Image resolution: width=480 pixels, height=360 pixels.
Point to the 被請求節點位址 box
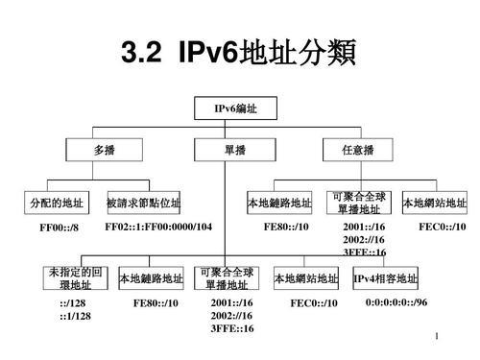(143, 203)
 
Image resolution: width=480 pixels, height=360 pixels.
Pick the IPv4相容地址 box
(386, 278)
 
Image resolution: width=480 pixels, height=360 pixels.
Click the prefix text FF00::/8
(58, 228)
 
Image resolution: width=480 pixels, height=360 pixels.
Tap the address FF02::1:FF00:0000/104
(157, 227)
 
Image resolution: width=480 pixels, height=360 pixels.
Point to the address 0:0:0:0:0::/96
(396, 302)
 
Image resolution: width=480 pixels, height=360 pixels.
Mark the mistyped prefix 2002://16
(364, 239)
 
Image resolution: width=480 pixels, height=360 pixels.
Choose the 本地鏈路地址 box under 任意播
(279, 203)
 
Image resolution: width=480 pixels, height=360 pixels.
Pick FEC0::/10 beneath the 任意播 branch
(443, 227)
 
